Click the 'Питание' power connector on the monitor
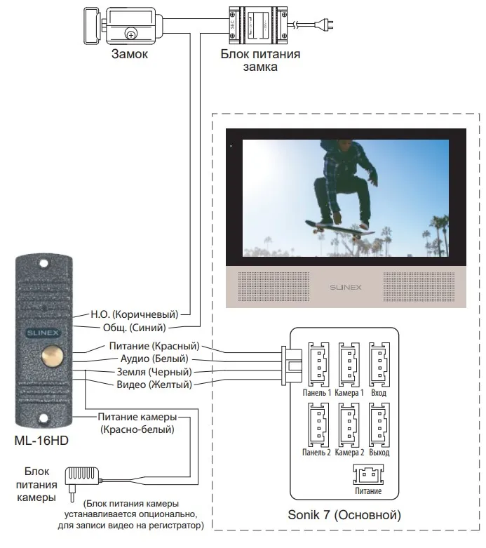tap(368, 474)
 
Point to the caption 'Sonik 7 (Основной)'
tap(344, 516)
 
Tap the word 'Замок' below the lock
tap(130, 54)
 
